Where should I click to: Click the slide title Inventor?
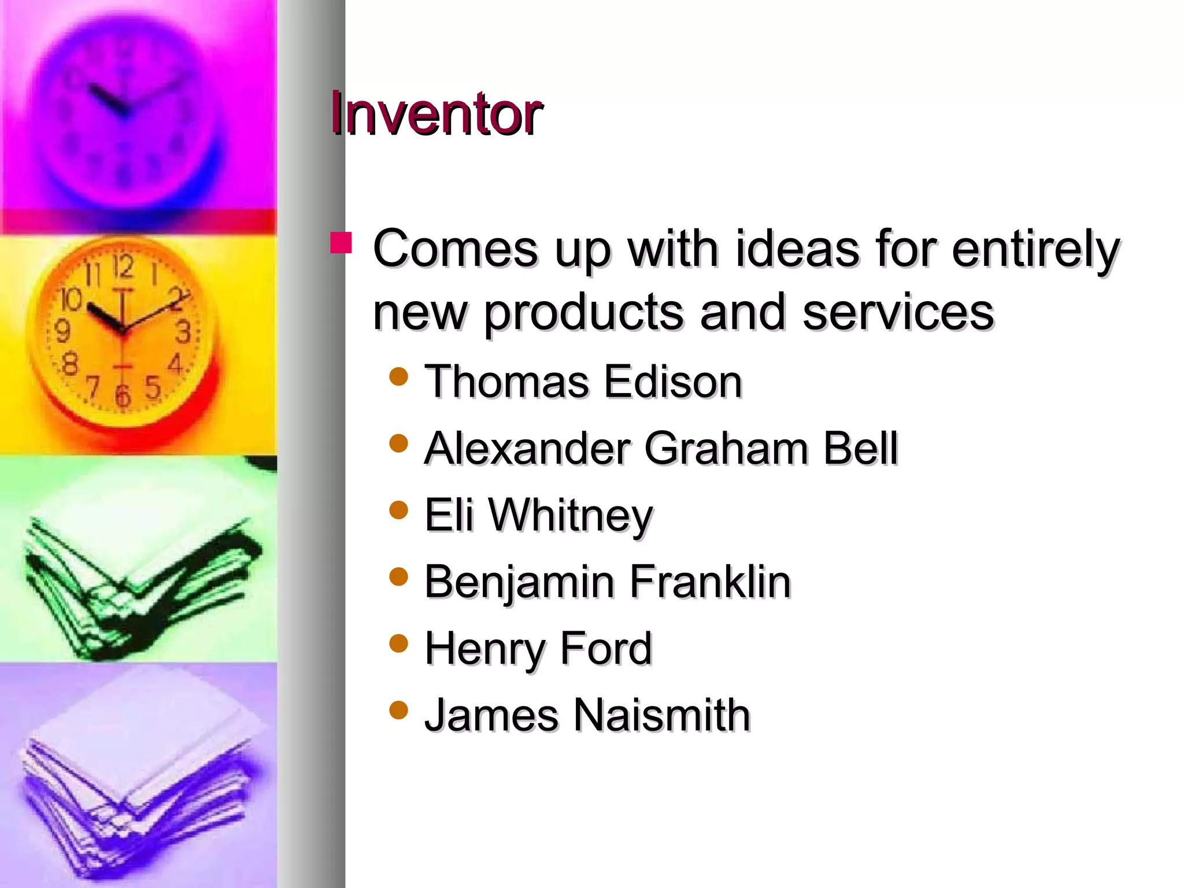coord(436,114)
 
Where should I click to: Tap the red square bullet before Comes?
coord(341,243)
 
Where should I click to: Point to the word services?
coord(898,312)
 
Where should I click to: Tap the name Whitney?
coord(571,516)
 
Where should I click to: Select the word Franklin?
coord(709,582)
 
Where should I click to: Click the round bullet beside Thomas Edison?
coord(399,377)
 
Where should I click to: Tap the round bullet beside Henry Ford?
coord(399,643)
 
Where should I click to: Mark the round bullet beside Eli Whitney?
coord(399,510)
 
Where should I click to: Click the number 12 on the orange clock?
coord(123,267)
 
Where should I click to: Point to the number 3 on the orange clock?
coord(183,332)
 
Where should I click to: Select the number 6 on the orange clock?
coord(123,395)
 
